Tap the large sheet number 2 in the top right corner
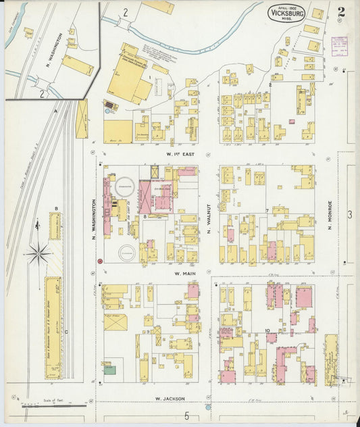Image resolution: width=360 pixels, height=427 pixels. (x=341, y=12)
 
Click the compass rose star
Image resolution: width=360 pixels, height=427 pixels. (x=38, y=254)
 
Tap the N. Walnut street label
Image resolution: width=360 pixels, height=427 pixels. (x=209, y=221)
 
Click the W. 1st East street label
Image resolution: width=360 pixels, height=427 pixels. (x=180, y=153)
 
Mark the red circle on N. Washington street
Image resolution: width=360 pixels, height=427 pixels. (x=100, y=260)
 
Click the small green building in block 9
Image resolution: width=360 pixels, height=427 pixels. (x=109, y=370)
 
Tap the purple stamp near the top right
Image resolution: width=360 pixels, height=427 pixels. (x=340, y=45)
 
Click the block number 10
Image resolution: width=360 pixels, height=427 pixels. (x=267, y=330)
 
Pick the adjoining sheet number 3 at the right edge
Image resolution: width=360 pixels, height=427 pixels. (x=350, y=215)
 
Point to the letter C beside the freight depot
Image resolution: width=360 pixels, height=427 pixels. (x=66, y=332)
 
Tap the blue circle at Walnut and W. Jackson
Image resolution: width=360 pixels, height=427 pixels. (x=208, y=407)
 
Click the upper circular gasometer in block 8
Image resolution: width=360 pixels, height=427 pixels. (x=124, y=190)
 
